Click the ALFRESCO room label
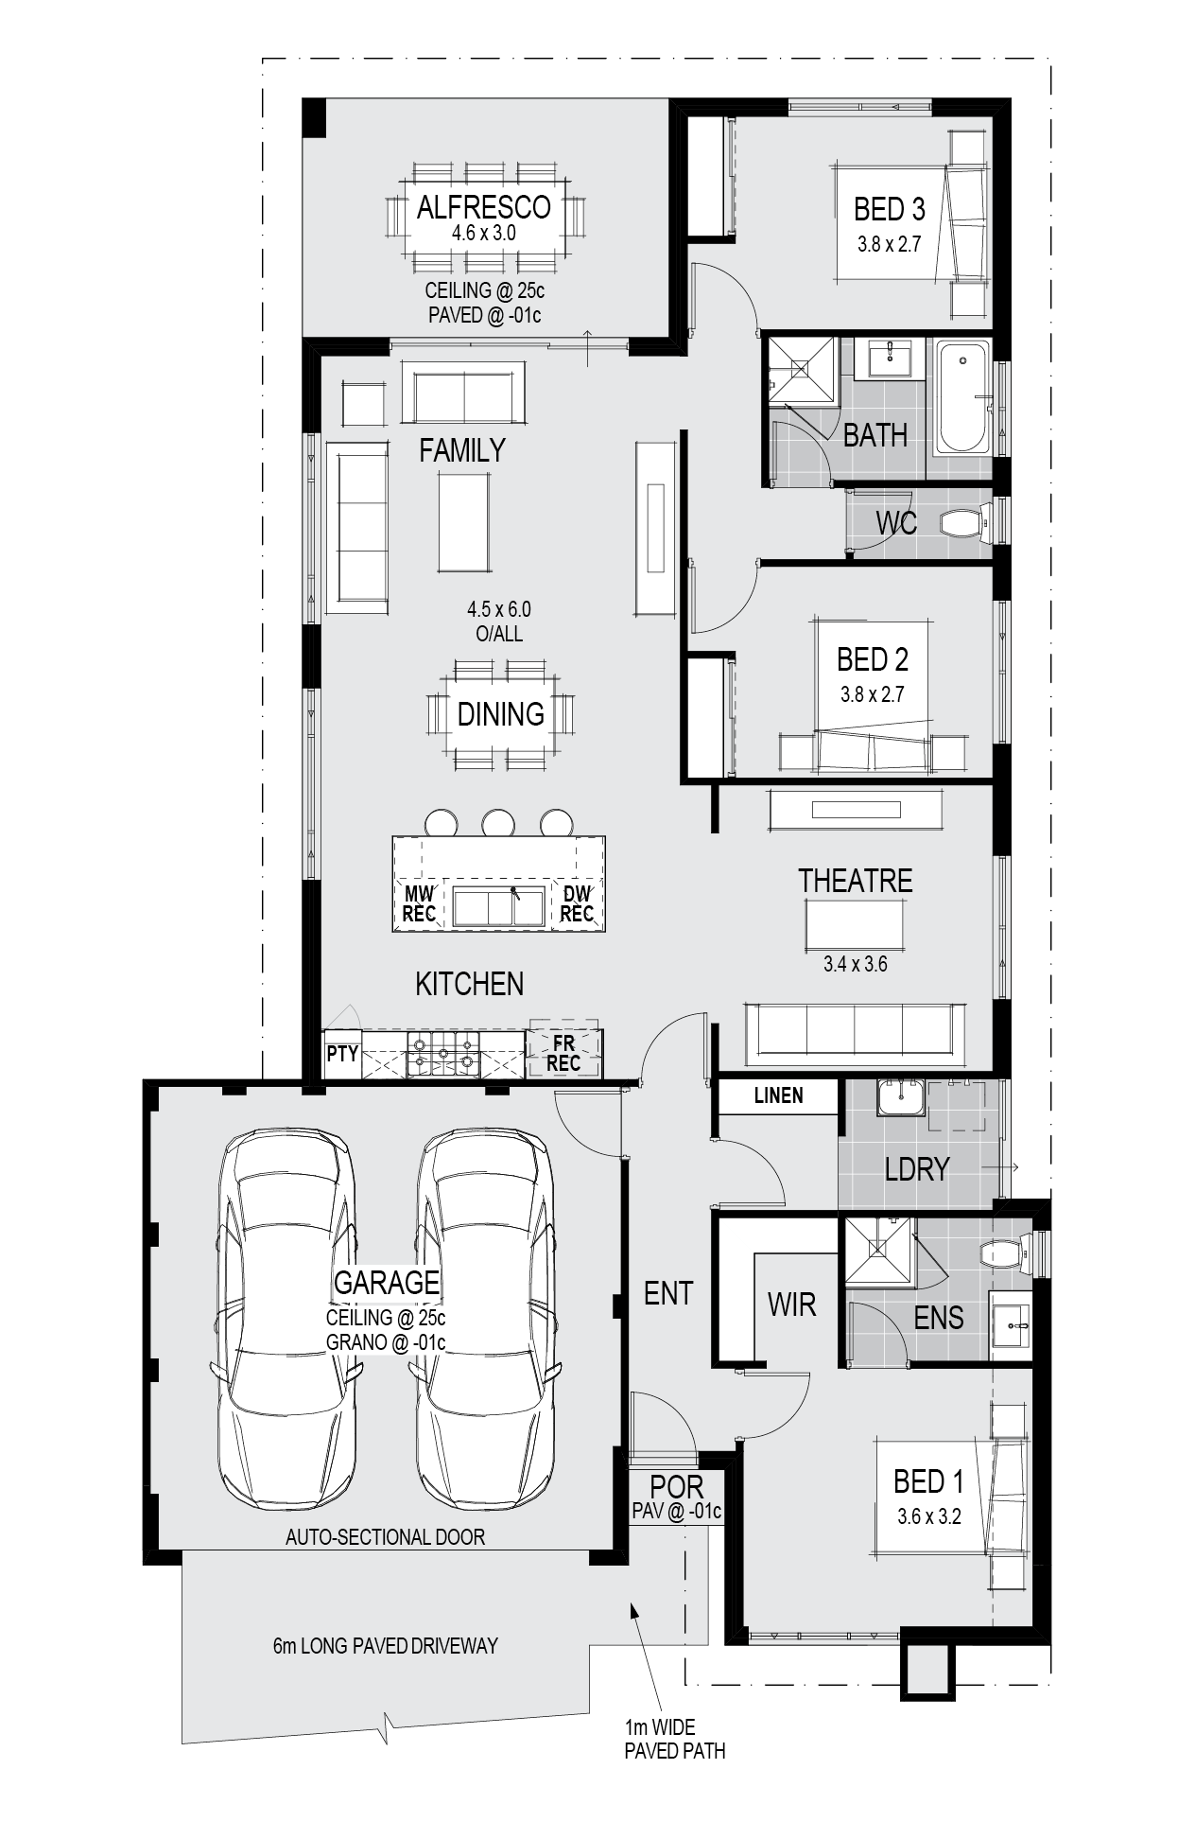click(x=483, y=207)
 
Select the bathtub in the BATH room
click(x=962, y=398)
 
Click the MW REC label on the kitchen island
click(x=419, y=903)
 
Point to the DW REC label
click(x=577, y=903)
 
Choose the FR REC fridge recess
click(x=563, y=1052)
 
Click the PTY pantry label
click(x=342, y=1053)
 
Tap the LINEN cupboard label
click(x=778, y=1095)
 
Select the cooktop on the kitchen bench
click(x=442, y=1054)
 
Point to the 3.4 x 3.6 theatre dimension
click(x=855, y=965)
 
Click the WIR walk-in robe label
click(x=791, y=1305)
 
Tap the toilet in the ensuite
click(x=1003, y=1255)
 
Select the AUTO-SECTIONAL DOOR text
click(x=385, y=1537)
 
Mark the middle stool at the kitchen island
click(x=497, y=823)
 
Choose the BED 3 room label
click(x=889, y=209)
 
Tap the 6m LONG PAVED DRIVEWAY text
click(x=385, y=1646)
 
